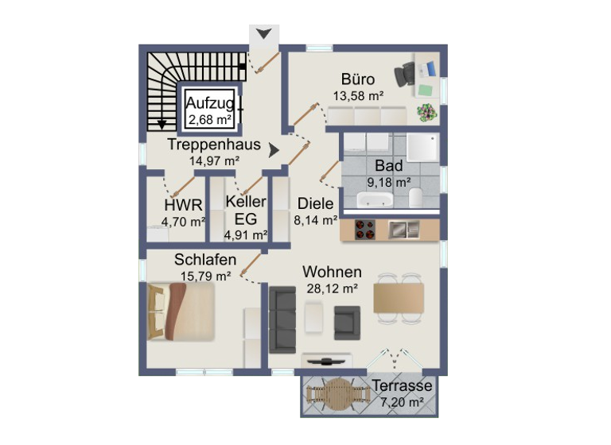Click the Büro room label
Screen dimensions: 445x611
[358, 79]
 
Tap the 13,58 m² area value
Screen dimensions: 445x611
[358, 95]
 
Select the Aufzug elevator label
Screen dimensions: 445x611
[209, 103]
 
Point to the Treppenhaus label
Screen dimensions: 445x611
[214, 145]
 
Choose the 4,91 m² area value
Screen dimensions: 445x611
[245, 234]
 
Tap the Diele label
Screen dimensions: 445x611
[316, 203]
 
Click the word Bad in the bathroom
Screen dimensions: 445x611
[389, 166]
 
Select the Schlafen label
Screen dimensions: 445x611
[205, 260]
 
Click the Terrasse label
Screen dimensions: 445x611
[402, 386]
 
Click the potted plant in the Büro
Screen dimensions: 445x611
[427, 112]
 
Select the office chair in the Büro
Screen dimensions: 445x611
[404, 74]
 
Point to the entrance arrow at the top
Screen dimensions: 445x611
[264, 34]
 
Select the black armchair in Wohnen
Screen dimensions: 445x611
[347, 320]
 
